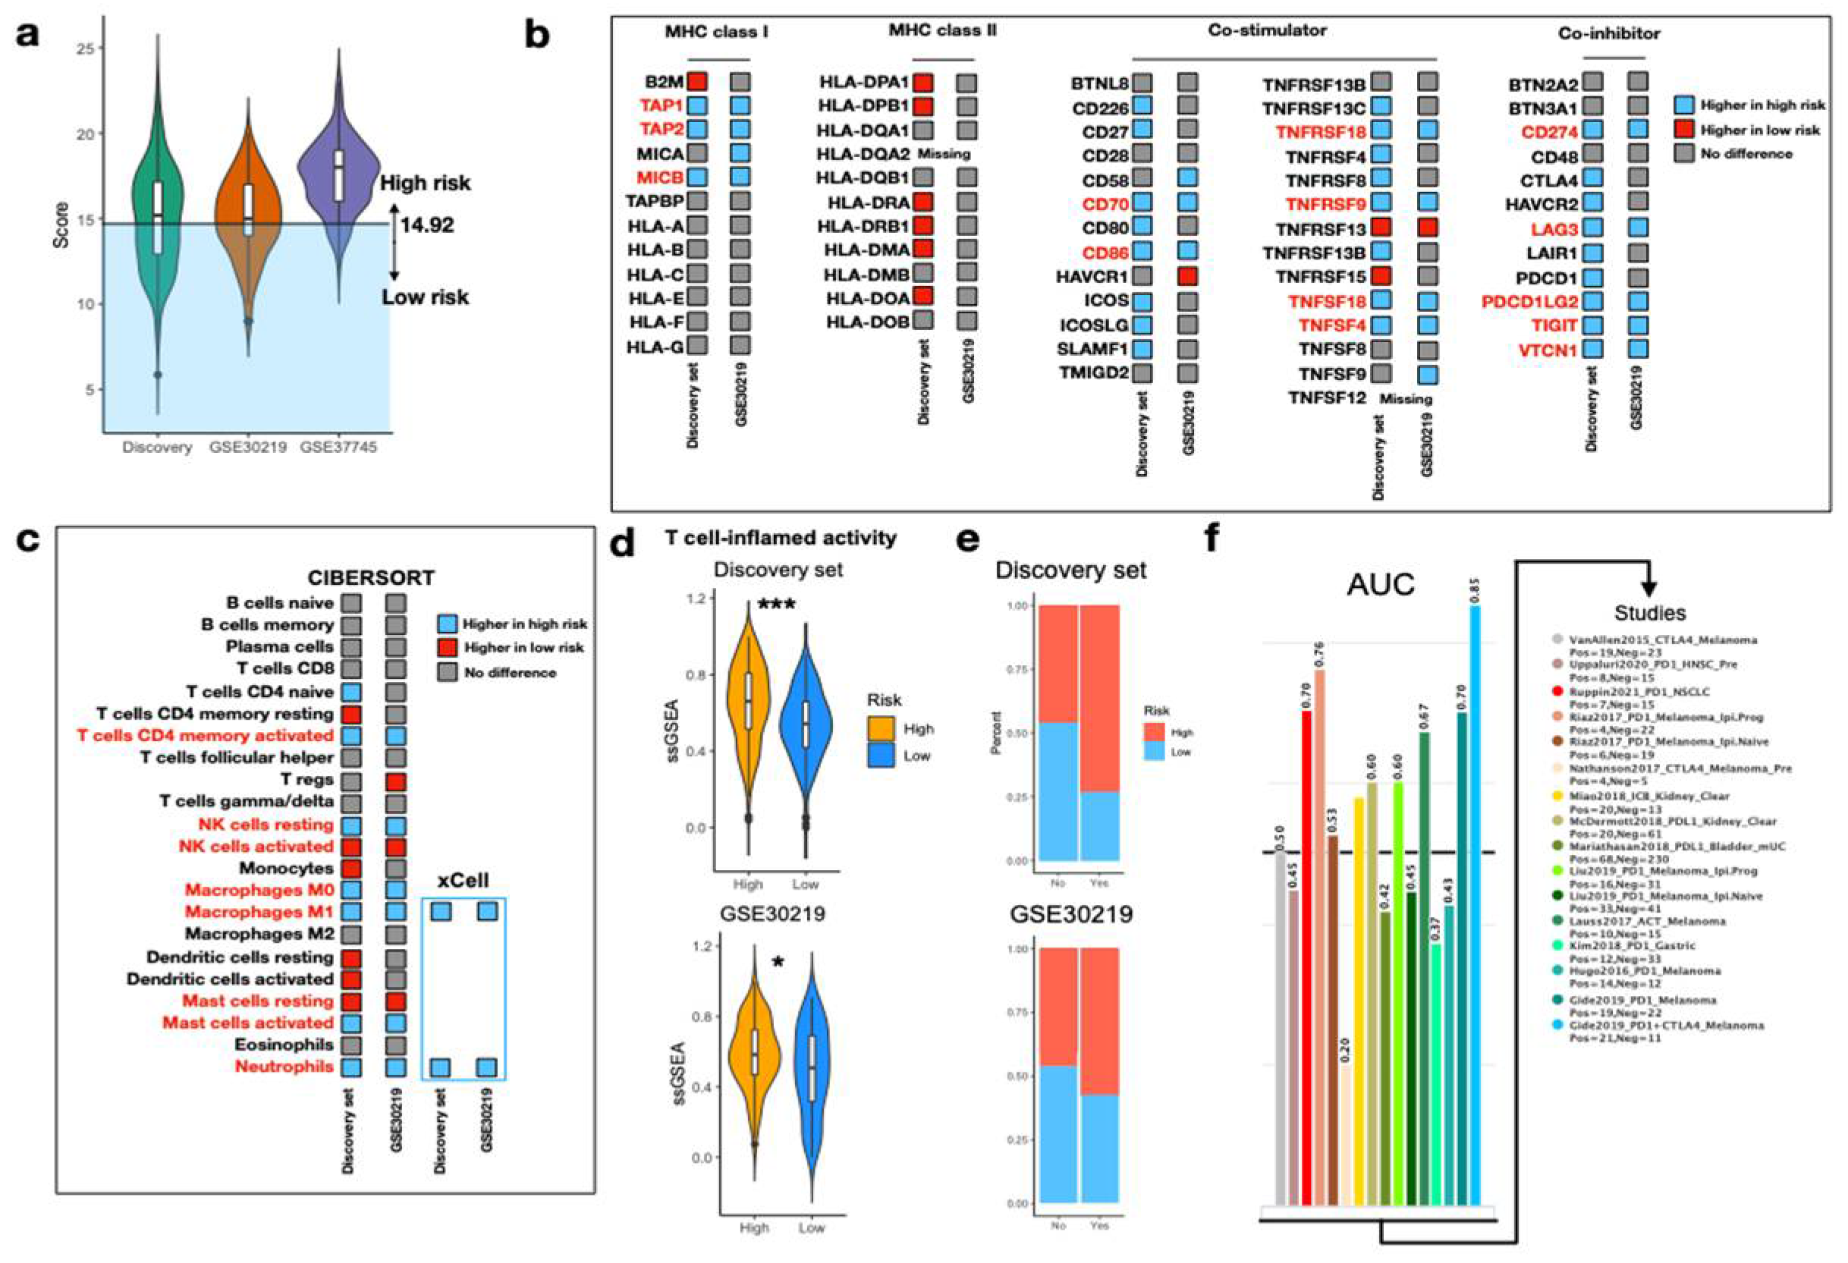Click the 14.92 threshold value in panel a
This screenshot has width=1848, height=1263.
coord(427,225)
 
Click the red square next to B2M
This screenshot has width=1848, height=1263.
coord(697,81)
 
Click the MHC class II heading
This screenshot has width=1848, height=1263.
coord(942,30)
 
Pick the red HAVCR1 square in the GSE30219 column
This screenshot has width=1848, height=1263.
coord(1188,276)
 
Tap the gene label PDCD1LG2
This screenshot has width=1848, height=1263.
coord(1529,302)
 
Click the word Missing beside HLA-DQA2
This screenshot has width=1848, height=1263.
coord(944,153)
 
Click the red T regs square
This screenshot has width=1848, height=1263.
coord(396,782)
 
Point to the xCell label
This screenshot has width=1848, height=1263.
coord(463,881)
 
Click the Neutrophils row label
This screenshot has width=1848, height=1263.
coord(284,1066)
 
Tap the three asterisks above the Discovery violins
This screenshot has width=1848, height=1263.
coord(776,605)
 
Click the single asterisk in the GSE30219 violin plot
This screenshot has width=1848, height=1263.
coord(778,963)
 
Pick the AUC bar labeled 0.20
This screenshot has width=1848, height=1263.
coord(1344,1137)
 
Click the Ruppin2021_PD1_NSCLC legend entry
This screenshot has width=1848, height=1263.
coord(1638,692)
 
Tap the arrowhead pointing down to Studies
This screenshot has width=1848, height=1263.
coord(1649,589)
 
